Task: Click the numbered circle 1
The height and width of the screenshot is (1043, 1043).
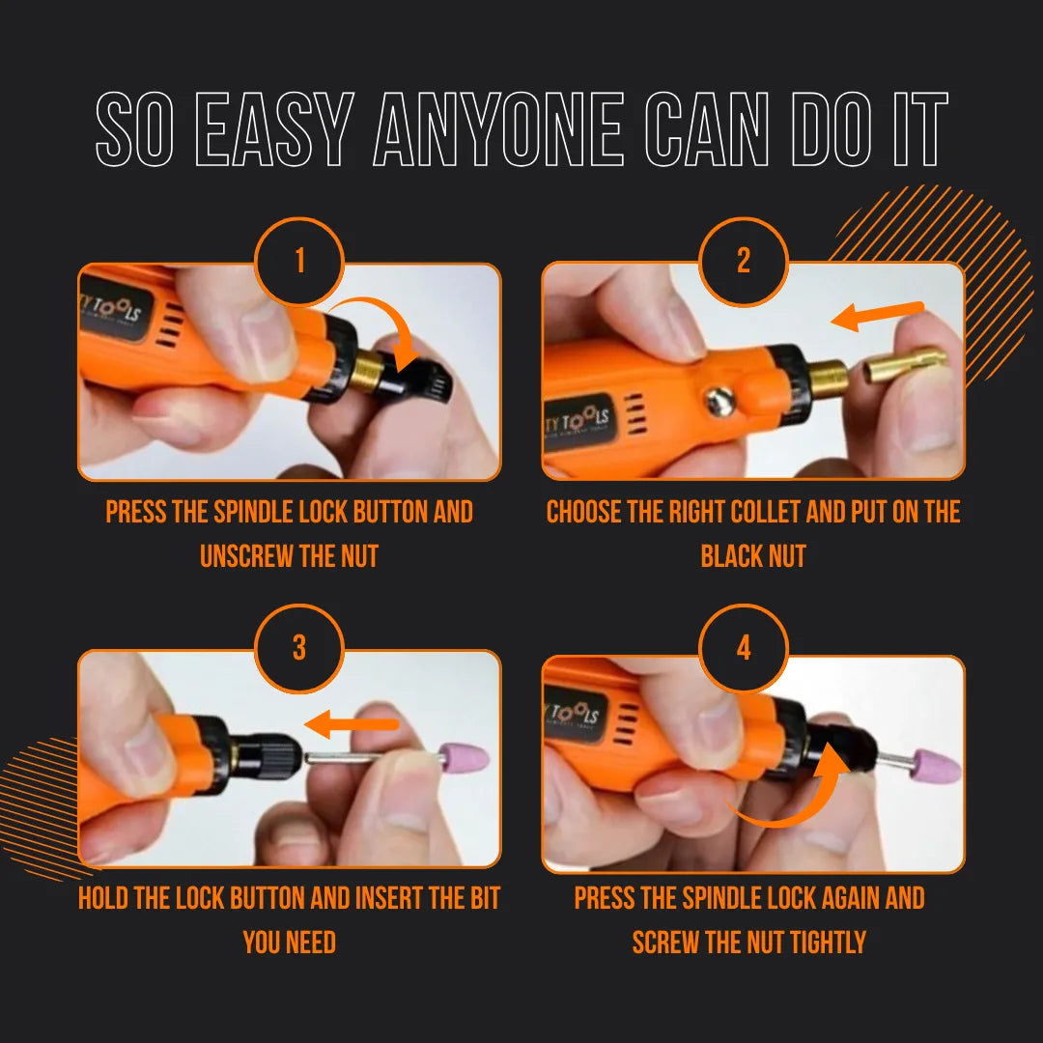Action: coord(299,262)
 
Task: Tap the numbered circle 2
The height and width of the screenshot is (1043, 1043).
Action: coord(743,262)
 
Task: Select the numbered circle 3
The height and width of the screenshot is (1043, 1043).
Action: coord(299,648)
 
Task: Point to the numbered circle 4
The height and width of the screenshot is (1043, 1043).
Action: coord(743,648)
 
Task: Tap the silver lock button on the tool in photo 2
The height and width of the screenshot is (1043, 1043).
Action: coord(719,399)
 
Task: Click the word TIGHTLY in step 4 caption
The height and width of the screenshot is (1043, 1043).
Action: coord(823,942)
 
